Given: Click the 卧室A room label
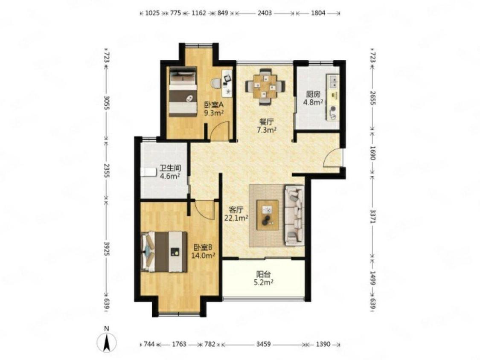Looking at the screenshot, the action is [214, 105].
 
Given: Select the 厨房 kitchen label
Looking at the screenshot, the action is [313, 94].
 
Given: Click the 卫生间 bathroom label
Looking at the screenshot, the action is [170, 168].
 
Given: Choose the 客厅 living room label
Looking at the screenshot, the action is [236, 210].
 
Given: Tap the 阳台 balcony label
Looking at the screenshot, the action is [263, 274].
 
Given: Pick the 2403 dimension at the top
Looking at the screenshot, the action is [265, 13].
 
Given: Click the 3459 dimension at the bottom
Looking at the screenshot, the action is [263, 344].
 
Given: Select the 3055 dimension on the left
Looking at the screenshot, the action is [106, 103].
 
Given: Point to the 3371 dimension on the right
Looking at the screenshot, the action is [372, 216].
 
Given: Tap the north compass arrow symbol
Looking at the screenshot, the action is [107, 343].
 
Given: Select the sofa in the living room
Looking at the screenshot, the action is [294, 215].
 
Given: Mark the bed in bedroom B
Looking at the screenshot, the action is [164, 252].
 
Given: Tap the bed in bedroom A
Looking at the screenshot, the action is [183, 92].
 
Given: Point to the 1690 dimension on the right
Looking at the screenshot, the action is [372, 154].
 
